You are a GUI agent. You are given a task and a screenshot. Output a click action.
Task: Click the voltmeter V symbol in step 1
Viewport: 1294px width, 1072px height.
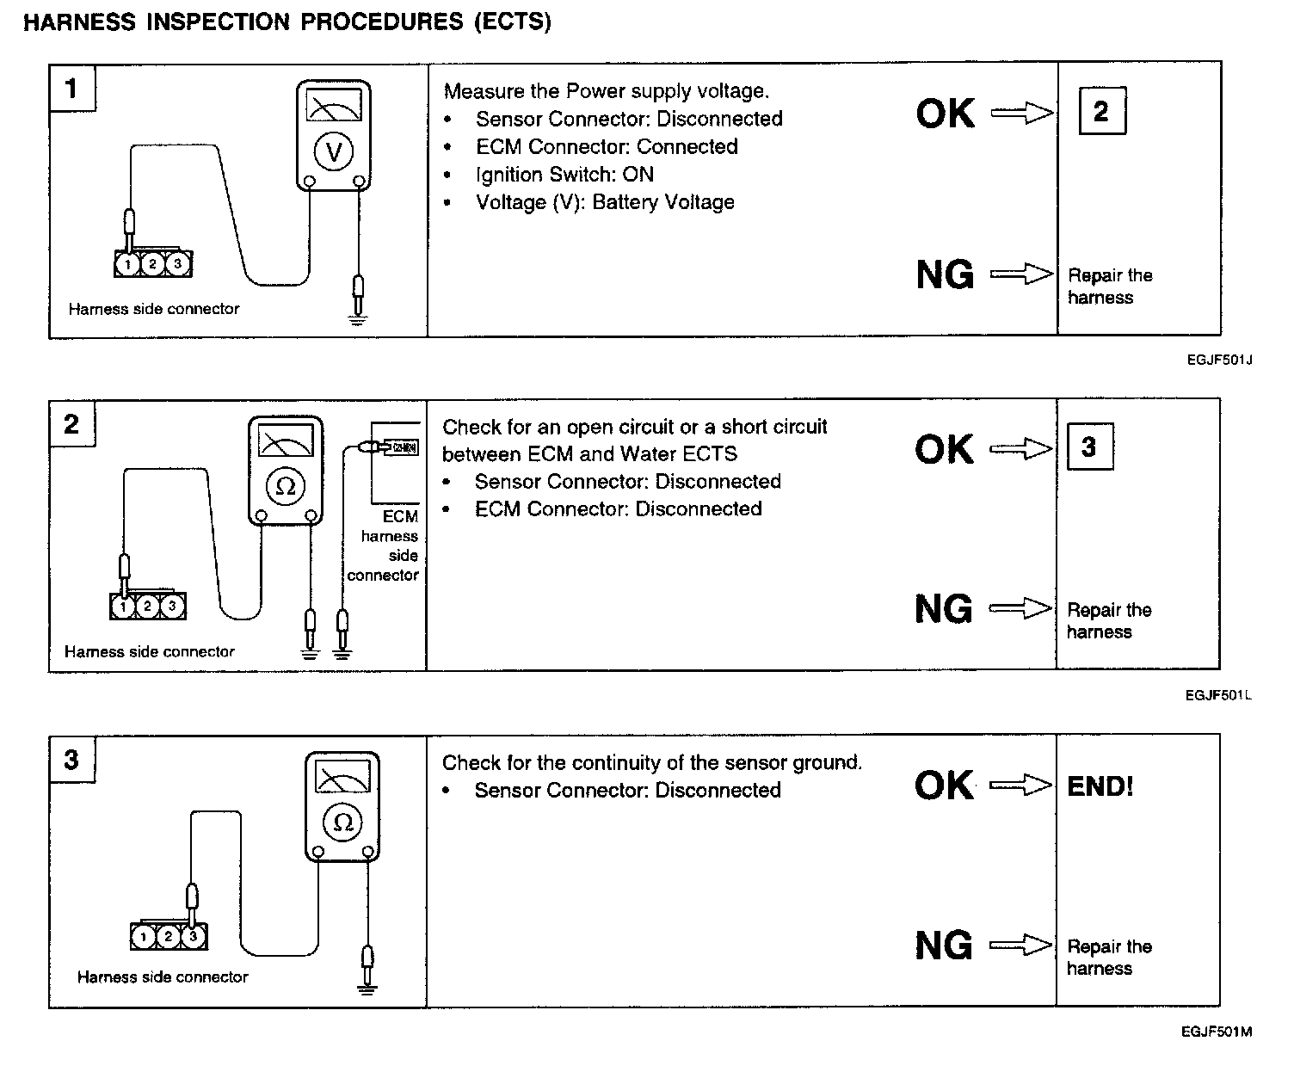(334, 152)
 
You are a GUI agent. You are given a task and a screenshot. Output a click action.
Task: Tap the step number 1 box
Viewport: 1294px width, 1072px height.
(71, 88)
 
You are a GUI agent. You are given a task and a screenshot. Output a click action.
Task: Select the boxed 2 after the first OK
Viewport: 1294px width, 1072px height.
(1101, 111)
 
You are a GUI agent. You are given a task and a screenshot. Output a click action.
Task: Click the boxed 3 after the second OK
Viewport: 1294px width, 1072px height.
(1089, 447)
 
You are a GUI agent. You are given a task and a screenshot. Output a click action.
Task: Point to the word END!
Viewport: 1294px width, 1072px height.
(1100, 786)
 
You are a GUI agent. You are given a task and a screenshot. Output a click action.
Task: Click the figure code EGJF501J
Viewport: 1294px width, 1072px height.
(1218, 360)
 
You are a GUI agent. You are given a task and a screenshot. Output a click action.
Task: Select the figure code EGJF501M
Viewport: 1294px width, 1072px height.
(1217, 1032)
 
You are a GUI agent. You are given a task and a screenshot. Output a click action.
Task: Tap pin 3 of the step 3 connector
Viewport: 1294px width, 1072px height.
(193, 936)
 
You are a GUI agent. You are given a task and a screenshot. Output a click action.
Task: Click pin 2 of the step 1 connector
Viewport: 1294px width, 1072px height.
(152, 264)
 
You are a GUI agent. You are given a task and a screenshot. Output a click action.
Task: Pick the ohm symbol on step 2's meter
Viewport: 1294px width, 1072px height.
(286, 487)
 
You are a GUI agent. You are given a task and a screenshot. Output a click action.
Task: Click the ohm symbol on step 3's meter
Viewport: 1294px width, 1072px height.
(342, 822)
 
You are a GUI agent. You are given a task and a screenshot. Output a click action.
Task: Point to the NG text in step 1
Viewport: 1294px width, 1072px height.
(945, 275)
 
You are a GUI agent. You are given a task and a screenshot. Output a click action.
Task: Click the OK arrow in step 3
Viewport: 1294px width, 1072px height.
(1020, 785)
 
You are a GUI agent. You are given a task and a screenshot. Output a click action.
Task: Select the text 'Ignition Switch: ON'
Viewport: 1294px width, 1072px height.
(564, 175)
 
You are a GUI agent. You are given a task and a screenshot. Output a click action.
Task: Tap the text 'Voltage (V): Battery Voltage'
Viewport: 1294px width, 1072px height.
(605, 202)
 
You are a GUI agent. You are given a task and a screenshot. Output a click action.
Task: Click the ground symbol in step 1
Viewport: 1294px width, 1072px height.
(358, 319)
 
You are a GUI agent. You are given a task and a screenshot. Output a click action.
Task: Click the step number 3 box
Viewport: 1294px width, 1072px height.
(71, 760)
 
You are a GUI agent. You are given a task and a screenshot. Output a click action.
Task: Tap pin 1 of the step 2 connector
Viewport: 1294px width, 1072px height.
(124, 607)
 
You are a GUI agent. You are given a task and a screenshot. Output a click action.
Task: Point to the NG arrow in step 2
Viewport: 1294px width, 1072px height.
(1020, 609)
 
